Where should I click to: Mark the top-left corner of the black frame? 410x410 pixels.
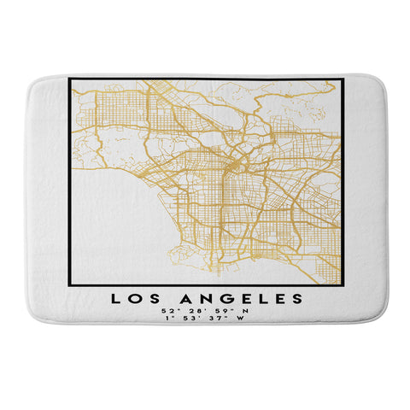tap(68, 79)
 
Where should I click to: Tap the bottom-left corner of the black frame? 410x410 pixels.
tap(68, 287)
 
